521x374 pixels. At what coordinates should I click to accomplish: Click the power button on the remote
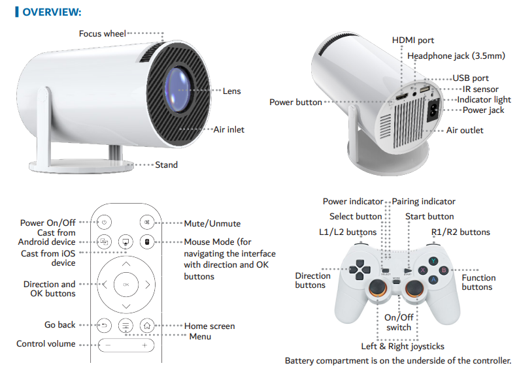coord(105,223)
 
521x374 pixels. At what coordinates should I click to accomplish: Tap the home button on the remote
coord(147,324)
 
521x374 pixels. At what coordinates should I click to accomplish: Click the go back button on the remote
coord(105,324)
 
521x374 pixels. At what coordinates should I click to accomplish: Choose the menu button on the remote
coord(126,324)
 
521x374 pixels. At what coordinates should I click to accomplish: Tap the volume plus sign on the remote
coord(144,344)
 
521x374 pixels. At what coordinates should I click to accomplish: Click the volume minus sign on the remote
coord(109,344)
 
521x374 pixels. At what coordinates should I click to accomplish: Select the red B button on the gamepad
coord(443,270)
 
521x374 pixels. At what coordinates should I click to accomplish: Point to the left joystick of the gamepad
coord(376,292)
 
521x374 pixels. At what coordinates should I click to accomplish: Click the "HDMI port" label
coord(412,40)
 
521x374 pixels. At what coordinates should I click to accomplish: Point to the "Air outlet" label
coord(465,130)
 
